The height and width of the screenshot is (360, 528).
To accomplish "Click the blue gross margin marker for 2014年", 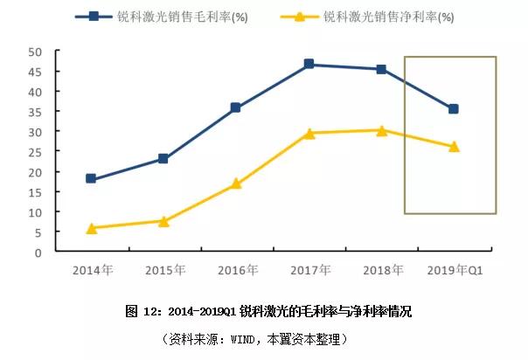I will [91, 178].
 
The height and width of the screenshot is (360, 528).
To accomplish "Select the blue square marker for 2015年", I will [163, 158].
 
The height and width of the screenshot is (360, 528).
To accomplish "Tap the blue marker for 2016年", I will [236, 107].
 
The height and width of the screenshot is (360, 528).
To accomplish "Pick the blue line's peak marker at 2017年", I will [309, 64].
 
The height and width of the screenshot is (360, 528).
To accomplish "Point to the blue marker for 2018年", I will [381, 69].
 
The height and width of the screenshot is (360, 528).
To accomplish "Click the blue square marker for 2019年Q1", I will [454, 108].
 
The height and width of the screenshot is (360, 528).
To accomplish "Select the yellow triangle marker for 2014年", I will [91, 228].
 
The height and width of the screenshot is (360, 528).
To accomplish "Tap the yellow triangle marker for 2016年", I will [236, 183].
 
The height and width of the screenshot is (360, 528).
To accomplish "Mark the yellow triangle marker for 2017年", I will [309, 133].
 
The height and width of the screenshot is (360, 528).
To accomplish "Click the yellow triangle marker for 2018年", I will [381, 130].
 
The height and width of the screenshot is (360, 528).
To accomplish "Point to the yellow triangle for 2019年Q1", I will [454, 146].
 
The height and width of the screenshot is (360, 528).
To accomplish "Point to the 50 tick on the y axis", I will [37, 52].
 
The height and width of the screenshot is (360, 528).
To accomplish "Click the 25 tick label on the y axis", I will [37, 152].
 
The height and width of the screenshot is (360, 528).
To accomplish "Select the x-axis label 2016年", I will [236, 270].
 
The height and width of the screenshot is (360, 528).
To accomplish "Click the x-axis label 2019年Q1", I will [454, 270].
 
